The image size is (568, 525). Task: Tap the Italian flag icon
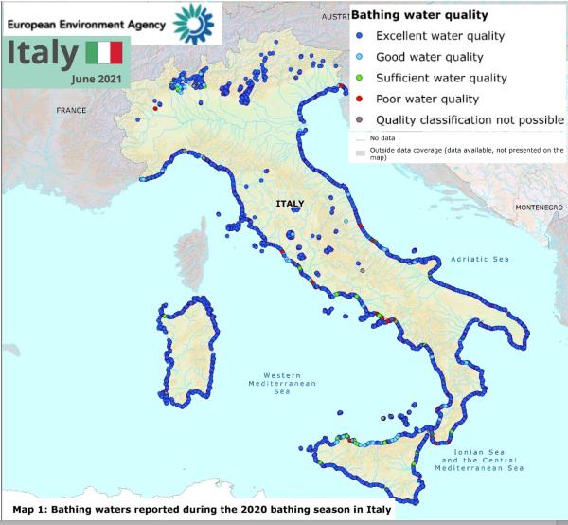103,54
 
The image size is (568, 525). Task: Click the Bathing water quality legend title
419,15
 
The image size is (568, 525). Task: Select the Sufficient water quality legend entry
440,79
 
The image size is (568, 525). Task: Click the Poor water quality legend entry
428,99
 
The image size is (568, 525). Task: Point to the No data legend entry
382,138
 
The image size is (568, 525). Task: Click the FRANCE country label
71,111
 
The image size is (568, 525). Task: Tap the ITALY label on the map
291,204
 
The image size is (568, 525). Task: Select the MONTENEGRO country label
539,207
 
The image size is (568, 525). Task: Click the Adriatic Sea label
480,258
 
